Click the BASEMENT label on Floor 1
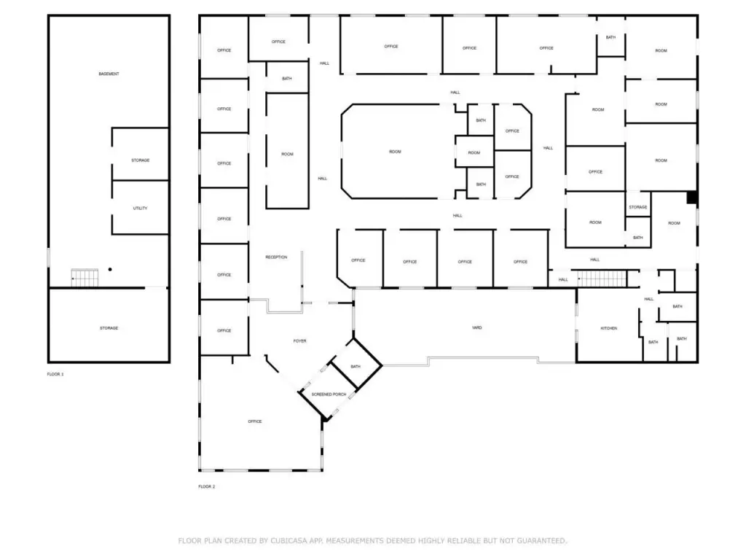[109, 74]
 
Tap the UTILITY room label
[140, 209]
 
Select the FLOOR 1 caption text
[55, 374]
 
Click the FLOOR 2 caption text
[207, 486]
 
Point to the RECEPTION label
[276, 257]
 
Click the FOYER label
[299, 341]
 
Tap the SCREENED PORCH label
[329, 394]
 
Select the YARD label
[477, 328]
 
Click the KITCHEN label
[608, 328]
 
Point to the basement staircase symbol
[85, 278]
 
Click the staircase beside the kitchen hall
[602, 279]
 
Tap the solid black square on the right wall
[692, 197]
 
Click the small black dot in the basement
[110, 270]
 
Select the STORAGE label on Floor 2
[637, 207]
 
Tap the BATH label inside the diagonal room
[356, 366]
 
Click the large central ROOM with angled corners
[395, 152]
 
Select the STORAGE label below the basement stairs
[109, 328]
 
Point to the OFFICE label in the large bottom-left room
[254, 421]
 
